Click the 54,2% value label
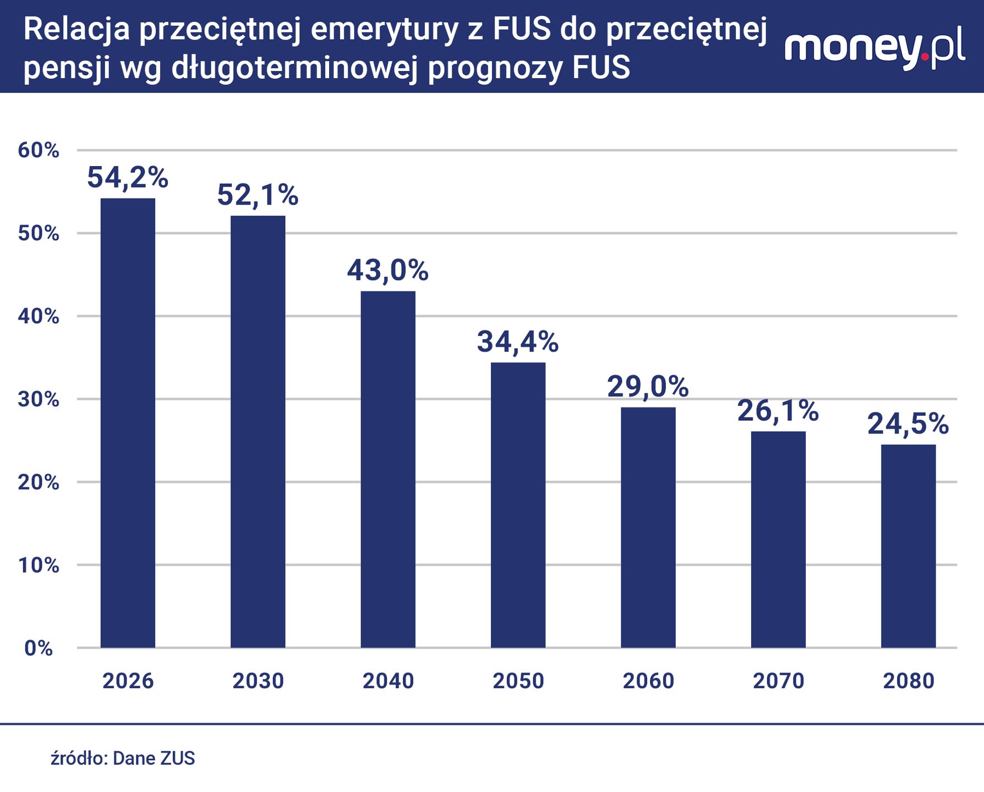coord(128,178)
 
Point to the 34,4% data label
coord(517,342)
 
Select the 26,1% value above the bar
coord(778,411)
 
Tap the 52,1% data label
coord(258,195)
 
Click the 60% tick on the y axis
coord(39,150)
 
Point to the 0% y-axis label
coord(39,648)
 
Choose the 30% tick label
coord(39,399)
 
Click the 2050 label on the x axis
coord(518,681)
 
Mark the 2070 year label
coord(778,681)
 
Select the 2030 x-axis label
coord(258,681)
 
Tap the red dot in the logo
coord(925,56)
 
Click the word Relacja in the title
coord(76,30)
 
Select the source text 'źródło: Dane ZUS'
coord(123,758)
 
